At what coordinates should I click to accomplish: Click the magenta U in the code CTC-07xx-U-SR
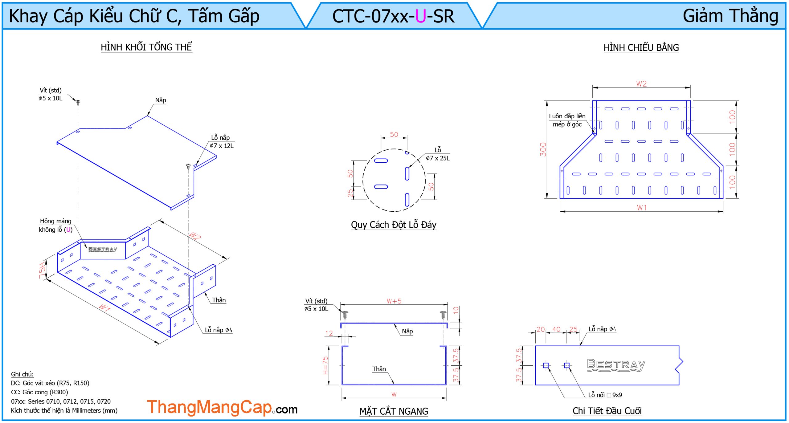[420, 16]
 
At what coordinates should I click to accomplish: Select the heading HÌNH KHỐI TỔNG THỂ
[146, 47]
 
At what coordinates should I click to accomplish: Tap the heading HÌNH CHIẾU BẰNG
[641, 48]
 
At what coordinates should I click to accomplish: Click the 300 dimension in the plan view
[543, 149]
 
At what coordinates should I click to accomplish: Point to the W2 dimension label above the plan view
[641, 84]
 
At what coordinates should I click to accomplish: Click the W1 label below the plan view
[642, 208]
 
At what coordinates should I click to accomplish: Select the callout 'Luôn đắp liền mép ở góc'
[567, 120]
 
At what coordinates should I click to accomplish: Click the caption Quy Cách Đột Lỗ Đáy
[394, 225]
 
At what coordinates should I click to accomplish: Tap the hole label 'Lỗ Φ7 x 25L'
[438, 154]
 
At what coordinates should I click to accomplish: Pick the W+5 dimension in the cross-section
[394, 301]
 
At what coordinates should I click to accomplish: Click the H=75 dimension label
[325, 365]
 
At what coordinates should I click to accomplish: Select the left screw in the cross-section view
[345, 315]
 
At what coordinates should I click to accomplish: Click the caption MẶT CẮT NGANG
[394, 411]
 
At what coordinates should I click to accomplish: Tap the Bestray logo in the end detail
[616, 365]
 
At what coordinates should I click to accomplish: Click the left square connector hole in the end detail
[546, 365]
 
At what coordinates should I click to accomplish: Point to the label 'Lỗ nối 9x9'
[605, 395]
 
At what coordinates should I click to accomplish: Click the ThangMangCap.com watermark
[222, 407]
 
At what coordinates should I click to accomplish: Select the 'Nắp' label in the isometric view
[161, 100]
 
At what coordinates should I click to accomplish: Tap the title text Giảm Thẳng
[730, 16]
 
